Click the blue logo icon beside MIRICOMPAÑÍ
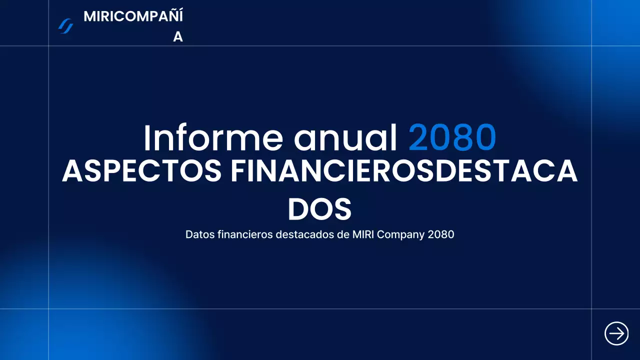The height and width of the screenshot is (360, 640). coord(65,26)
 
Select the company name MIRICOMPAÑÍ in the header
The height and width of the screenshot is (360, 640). coord(133,16)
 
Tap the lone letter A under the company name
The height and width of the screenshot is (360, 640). coord(178,37)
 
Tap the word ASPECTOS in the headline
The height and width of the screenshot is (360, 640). coord(141,171)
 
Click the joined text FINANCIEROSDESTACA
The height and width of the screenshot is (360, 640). coord(404,171)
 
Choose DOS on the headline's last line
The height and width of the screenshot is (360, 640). coord(319,209)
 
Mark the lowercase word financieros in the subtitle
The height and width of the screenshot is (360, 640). coord(245,234)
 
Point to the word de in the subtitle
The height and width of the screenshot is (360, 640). coord(342,234)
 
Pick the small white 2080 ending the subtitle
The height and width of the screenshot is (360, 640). coord(441,234)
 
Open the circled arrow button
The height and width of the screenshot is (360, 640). coord(616,333)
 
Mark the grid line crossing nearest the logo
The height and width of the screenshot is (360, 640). coord(48,46)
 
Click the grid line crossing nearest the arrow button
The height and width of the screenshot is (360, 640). coord(592,309)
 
